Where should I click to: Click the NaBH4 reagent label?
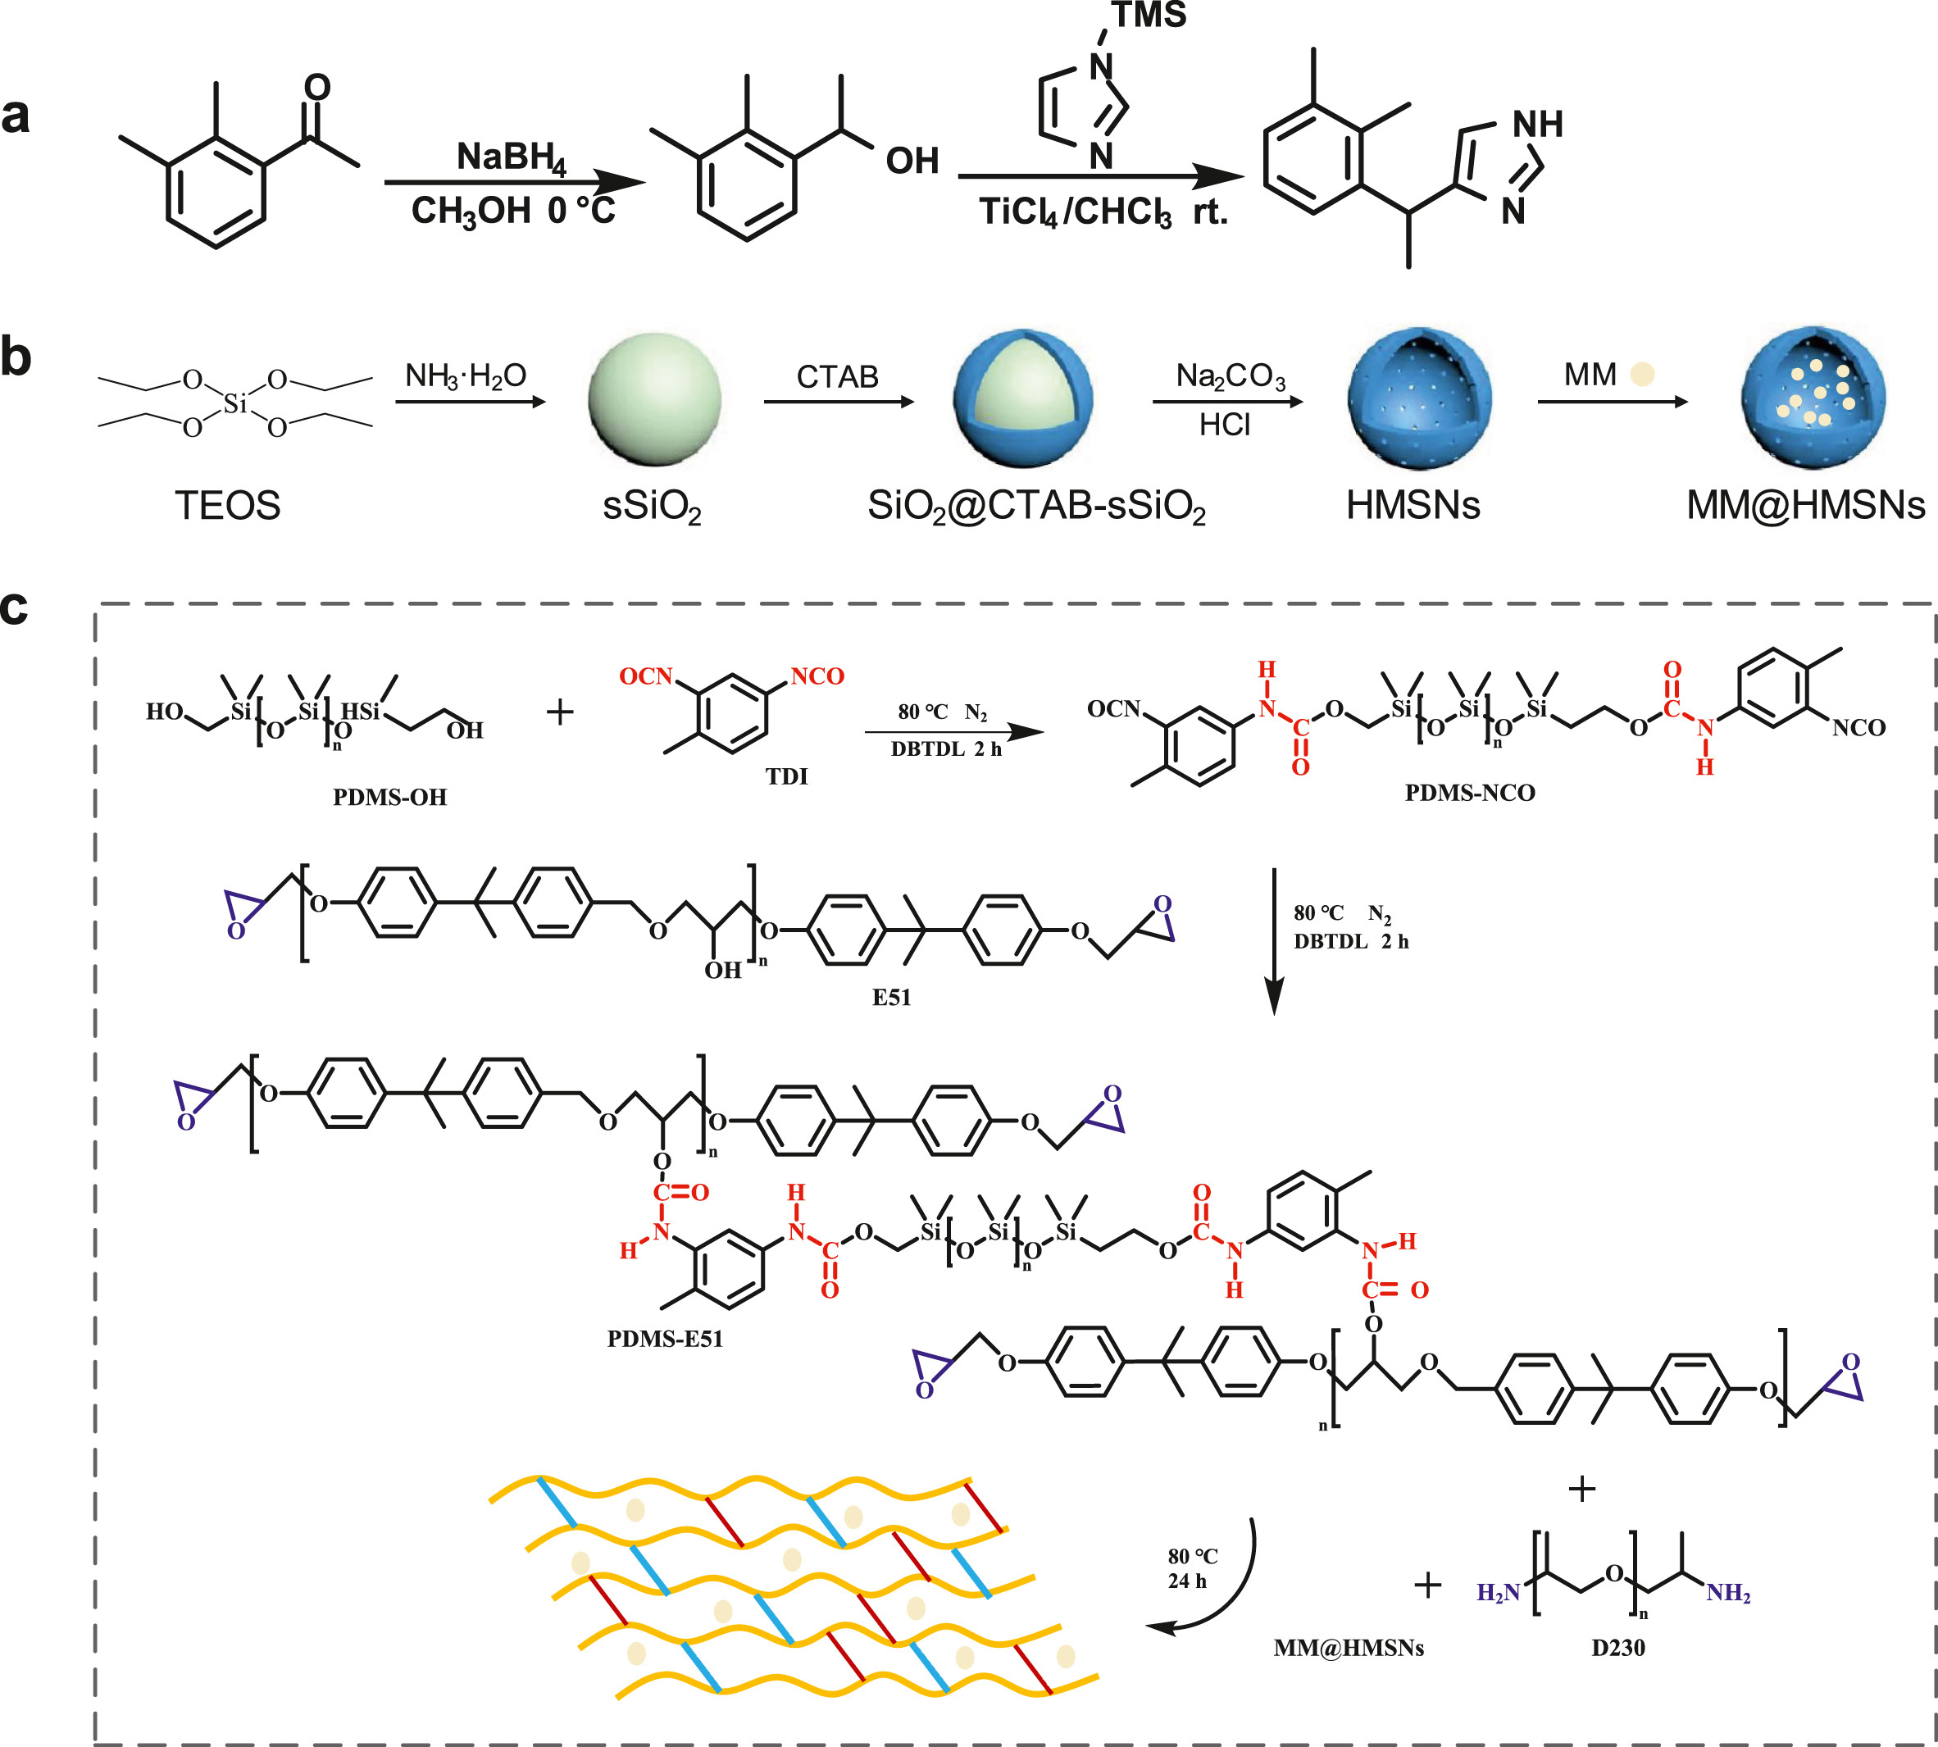coord(511,157)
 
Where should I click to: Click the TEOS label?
coord(227,505)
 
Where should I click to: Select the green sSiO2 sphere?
coord(655,398)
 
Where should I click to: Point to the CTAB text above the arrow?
coord(837,376)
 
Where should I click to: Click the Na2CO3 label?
coord(1230,376)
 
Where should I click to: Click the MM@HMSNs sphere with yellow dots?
coord(1813,397)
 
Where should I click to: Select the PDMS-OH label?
coord(389,797)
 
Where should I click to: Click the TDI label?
coord(786,776)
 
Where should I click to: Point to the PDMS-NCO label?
coord(1470,792)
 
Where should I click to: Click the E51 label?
coord(891,998)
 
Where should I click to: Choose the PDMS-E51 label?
coord(664,1338)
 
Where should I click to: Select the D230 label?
coord(1617,1647)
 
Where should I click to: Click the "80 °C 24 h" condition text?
coord(1191,1567)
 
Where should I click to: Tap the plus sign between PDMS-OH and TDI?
coord(560,712)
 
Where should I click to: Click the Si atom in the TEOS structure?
coord(235,404)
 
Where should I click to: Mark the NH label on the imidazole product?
coord(1537,124)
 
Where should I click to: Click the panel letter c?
coord(15,607)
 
